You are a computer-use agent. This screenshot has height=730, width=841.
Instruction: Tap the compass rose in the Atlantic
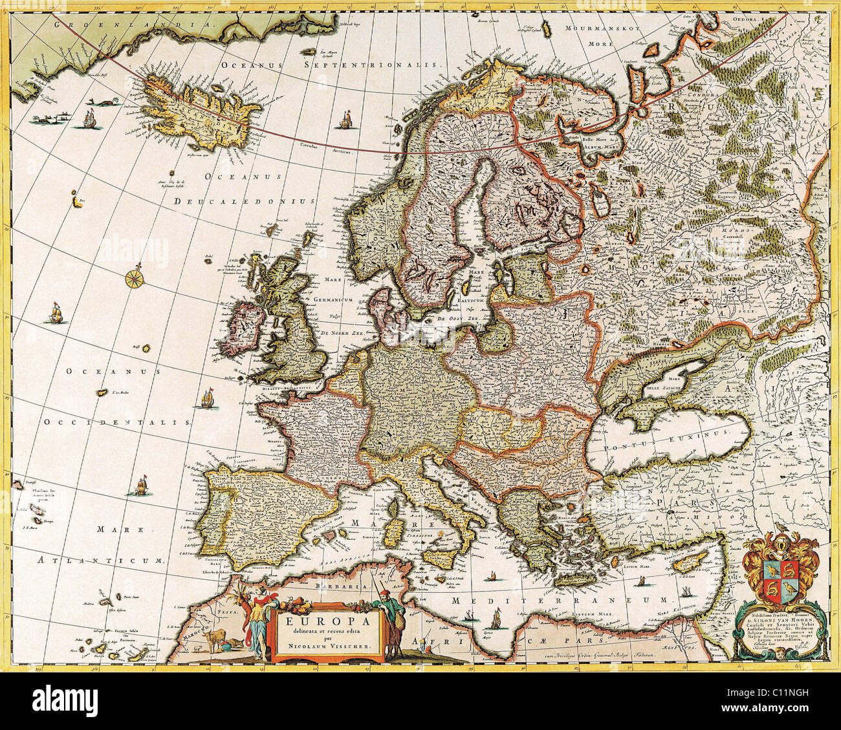click(135, 278)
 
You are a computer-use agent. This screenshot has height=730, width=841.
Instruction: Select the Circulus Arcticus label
click(331, 149)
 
